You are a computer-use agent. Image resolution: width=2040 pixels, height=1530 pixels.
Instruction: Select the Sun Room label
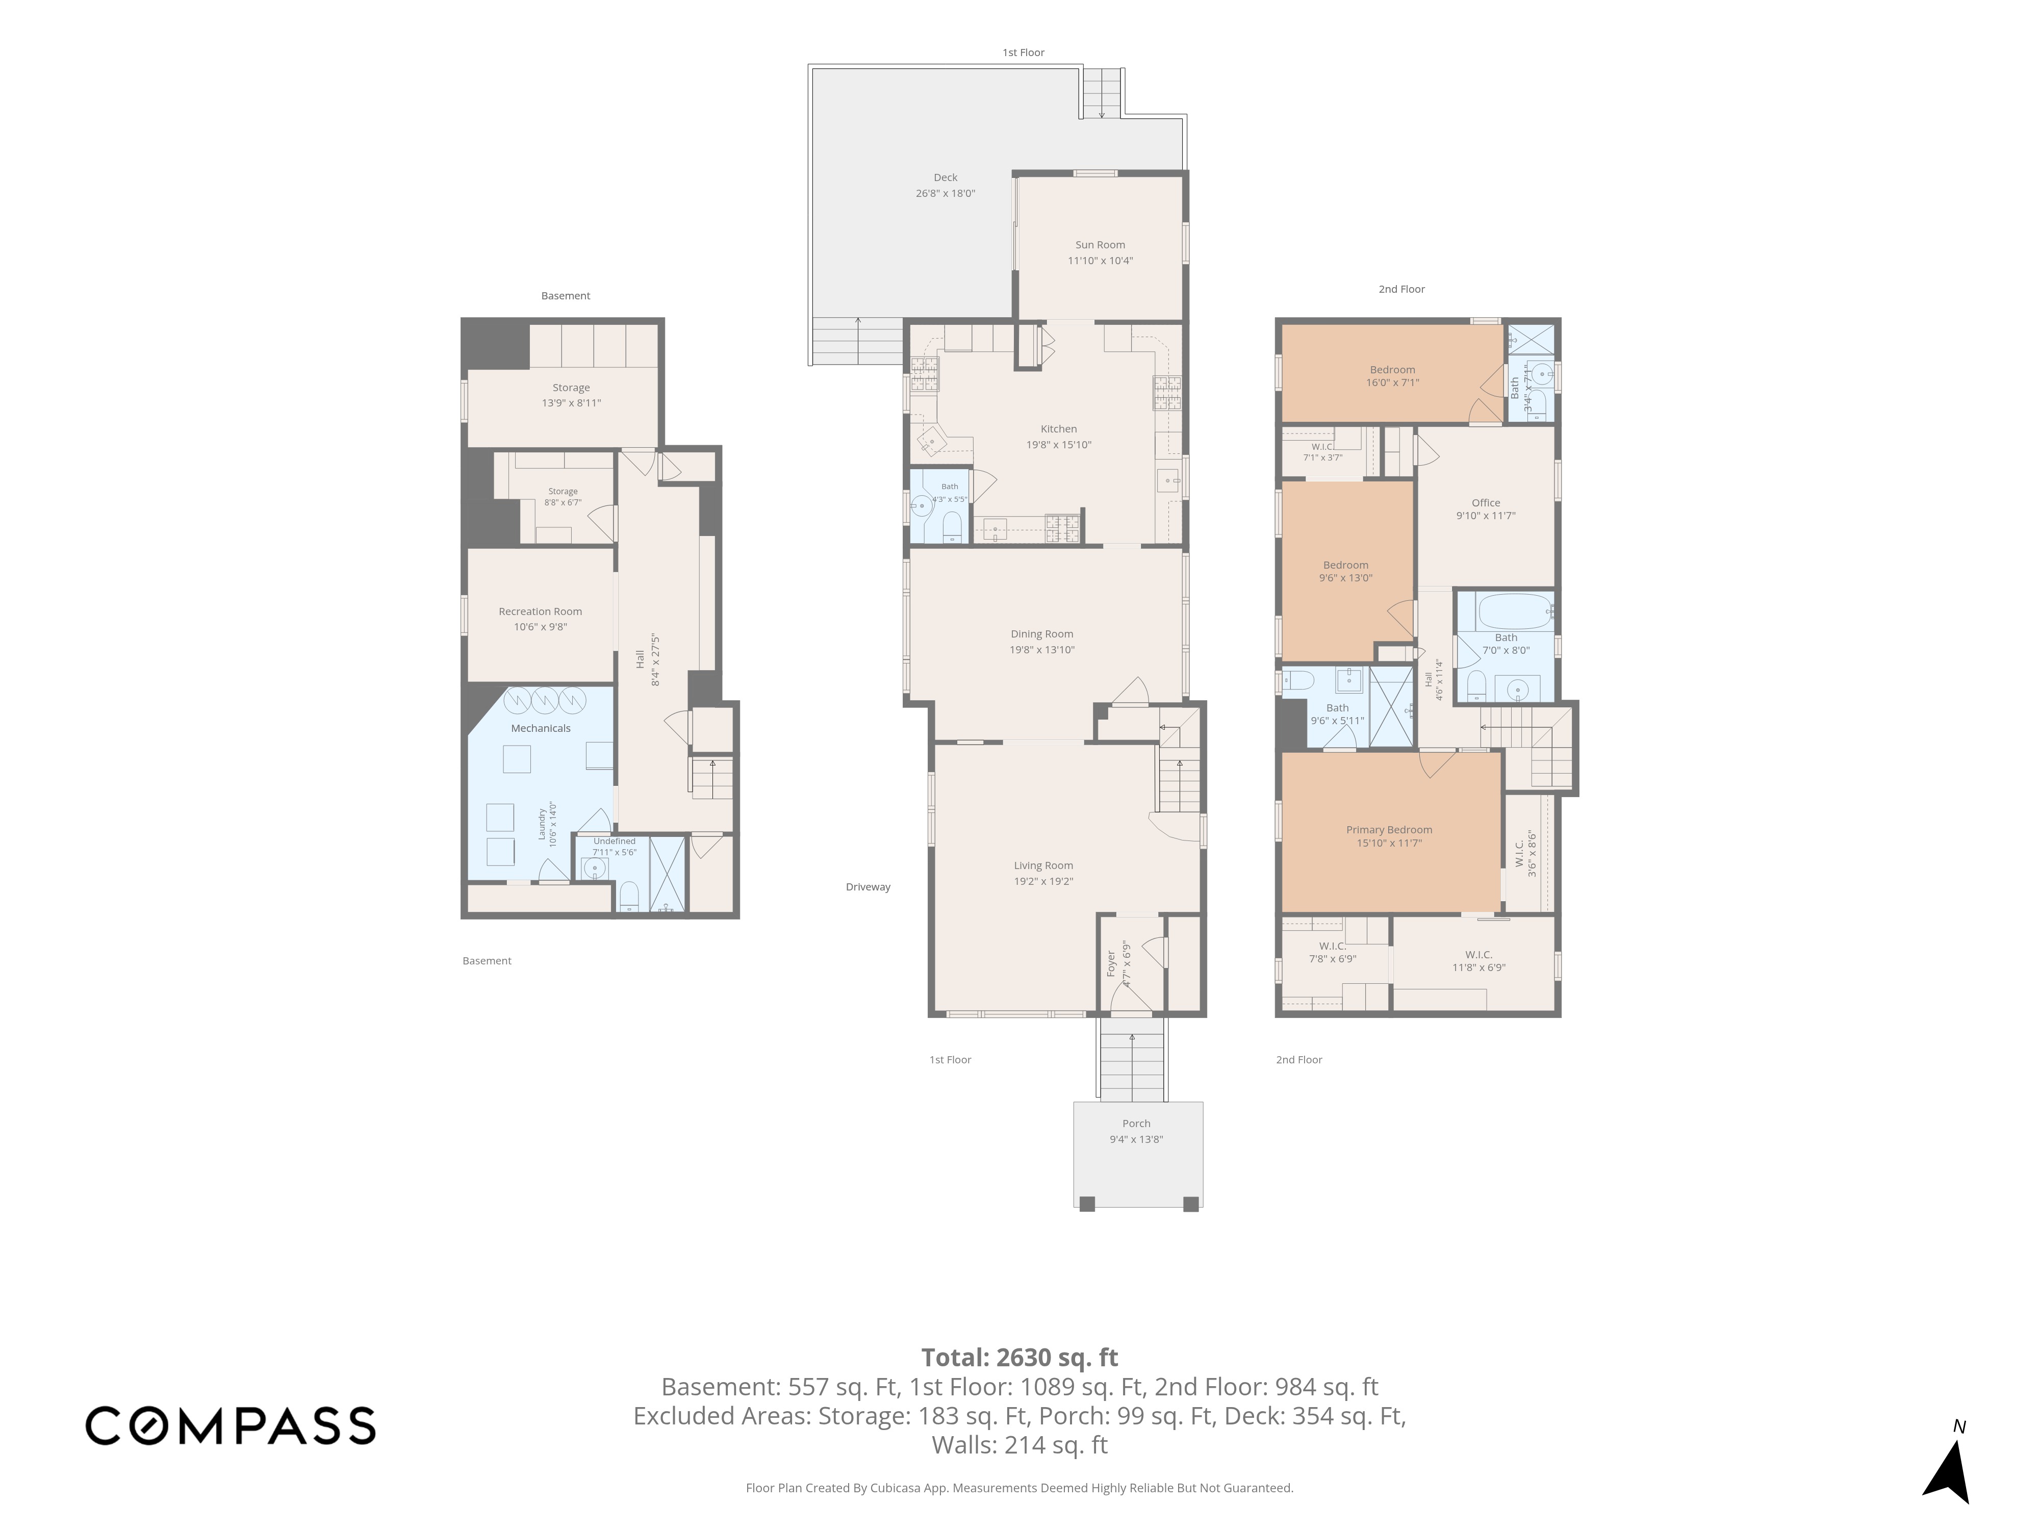coord(1100,244)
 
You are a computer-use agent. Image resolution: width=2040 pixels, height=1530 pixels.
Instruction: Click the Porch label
coord(1136,1124)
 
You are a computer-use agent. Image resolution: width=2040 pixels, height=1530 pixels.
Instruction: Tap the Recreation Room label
coord(541,611)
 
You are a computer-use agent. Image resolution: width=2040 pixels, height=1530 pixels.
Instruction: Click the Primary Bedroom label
coord(1389,830)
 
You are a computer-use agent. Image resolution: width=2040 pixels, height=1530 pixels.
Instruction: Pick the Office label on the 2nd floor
coord(1486,503)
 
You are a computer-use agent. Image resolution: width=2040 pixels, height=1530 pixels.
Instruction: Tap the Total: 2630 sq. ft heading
coord(1020,1358)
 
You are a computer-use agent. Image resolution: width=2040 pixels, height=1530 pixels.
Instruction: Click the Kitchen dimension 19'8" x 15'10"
coord(1059,445)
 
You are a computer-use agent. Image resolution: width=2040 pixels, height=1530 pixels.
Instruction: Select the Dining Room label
coord(1042,633)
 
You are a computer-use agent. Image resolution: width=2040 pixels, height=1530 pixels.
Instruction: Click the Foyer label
coord(1111,964)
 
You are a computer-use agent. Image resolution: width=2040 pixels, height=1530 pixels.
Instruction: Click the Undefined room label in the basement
coord(614,841)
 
